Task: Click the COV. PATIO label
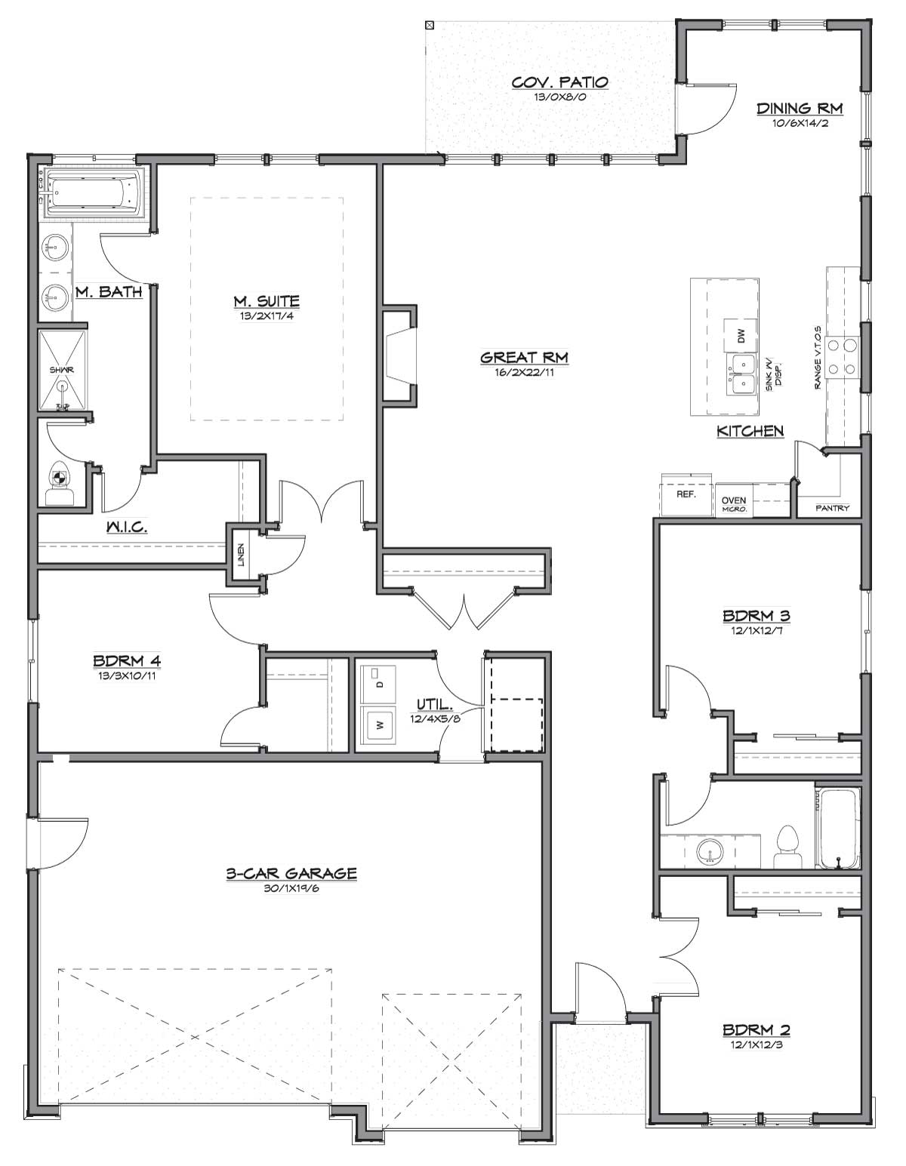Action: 559,82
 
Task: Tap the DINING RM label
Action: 800,109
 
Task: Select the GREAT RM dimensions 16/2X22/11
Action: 524,372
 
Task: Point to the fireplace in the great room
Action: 399,355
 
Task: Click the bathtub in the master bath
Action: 94,192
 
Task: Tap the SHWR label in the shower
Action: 62,370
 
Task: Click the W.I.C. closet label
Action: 127,528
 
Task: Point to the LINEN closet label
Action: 241,555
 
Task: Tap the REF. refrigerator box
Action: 686,494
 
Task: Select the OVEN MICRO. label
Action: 734,504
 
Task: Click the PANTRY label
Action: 833,508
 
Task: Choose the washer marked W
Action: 378,725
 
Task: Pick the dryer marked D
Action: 378,684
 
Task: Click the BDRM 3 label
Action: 757,616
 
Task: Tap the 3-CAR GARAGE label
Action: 291,873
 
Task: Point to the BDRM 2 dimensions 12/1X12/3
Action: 757,1044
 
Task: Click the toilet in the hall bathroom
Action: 787,848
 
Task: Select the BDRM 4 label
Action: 127,660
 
